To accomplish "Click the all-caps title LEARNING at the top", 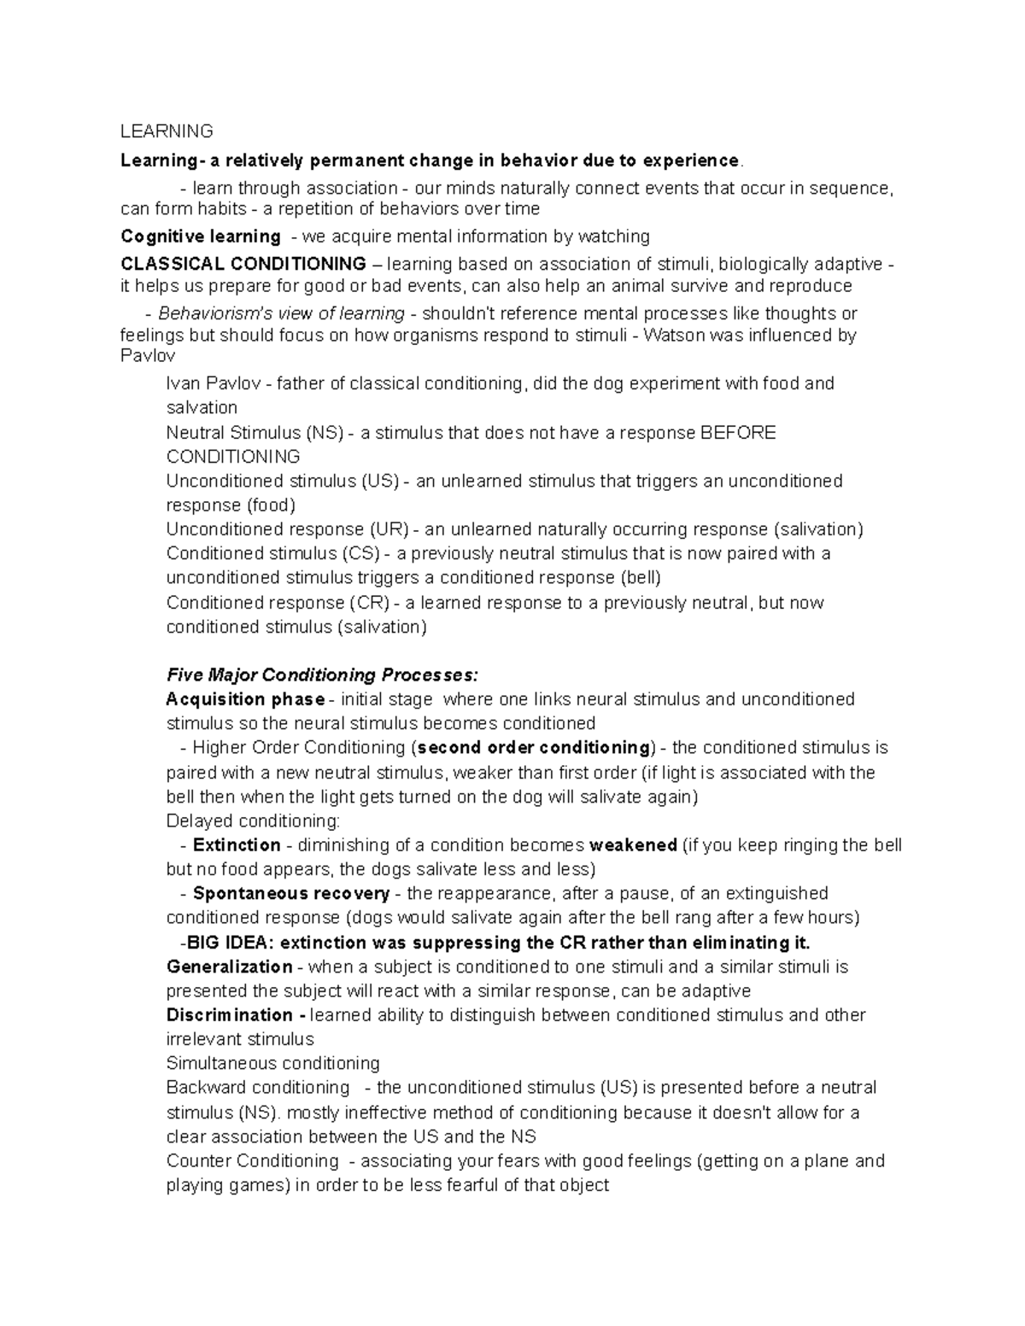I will [x=167, y=131].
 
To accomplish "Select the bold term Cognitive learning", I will [x=201, y=237].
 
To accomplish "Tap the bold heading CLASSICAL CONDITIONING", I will [x=243, y=264].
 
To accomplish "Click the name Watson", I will [x=674, y=336].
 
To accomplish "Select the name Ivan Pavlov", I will [x=214, y=383].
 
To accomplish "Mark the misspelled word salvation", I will [x=202, y=407].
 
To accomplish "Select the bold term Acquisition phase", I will [x=245, y=699].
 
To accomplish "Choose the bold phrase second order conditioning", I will [x=533, y=748].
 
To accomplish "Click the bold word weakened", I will [x=633, y=845].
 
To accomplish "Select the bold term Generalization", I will [x=229, y=967].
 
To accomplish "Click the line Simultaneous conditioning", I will [x=272, y=1064].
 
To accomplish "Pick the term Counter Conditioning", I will [x=253, y=1161].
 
